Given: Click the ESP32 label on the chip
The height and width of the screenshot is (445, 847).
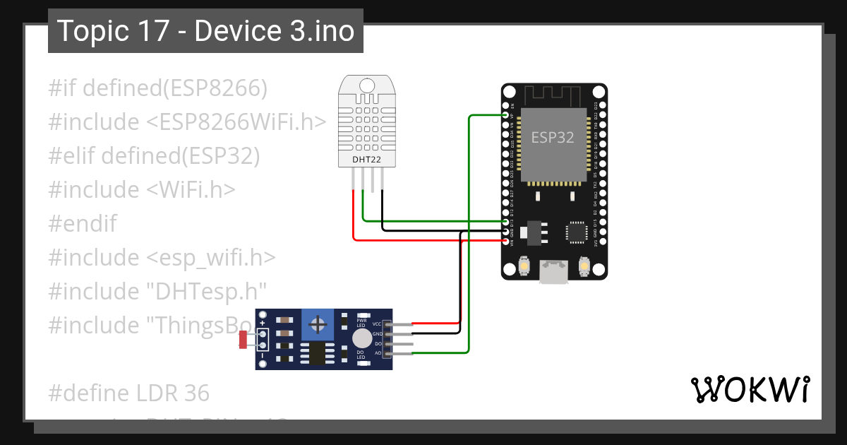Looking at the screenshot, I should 552,138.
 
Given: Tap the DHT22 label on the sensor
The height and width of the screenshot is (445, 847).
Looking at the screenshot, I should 367,160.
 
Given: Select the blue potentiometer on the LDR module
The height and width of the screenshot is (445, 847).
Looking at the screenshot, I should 318,326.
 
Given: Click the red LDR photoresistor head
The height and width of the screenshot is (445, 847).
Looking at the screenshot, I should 243,340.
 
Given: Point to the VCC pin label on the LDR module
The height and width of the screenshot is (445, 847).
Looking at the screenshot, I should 376,324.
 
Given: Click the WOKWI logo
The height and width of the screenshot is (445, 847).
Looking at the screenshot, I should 749,389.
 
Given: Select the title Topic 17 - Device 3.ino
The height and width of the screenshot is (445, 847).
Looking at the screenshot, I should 205,31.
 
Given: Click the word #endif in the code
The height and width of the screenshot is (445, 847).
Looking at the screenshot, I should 83,224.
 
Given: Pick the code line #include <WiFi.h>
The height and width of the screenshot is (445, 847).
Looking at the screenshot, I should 142,190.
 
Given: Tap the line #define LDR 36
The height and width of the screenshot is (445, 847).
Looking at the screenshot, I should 129,393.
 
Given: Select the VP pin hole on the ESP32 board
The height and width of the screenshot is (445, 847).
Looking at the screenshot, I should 505,114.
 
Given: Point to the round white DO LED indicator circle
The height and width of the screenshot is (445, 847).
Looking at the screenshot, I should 361,338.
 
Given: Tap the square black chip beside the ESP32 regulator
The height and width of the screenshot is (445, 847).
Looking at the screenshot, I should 577,232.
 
